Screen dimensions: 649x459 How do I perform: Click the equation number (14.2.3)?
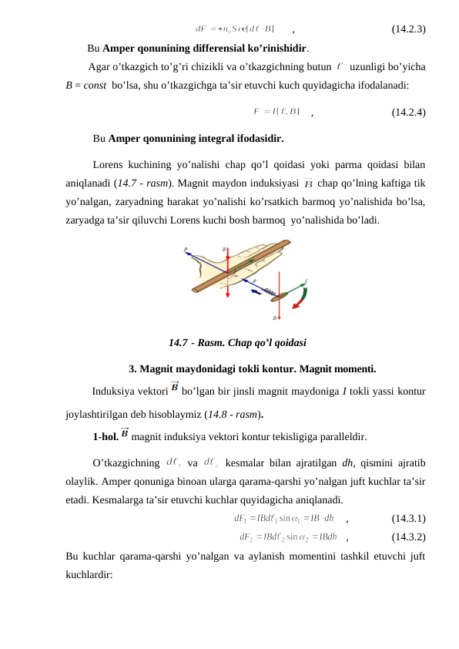coord(409,30)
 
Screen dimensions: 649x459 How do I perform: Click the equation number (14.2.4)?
coord(409,112)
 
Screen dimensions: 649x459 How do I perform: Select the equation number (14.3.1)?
coord(409,518)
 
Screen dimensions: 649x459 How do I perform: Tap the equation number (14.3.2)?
coord(409,536)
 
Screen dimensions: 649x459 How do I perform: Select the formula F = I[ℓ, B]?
coord(276,112)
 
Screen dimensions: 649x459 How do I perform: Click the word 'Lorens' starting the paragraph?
coord(109,164)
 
